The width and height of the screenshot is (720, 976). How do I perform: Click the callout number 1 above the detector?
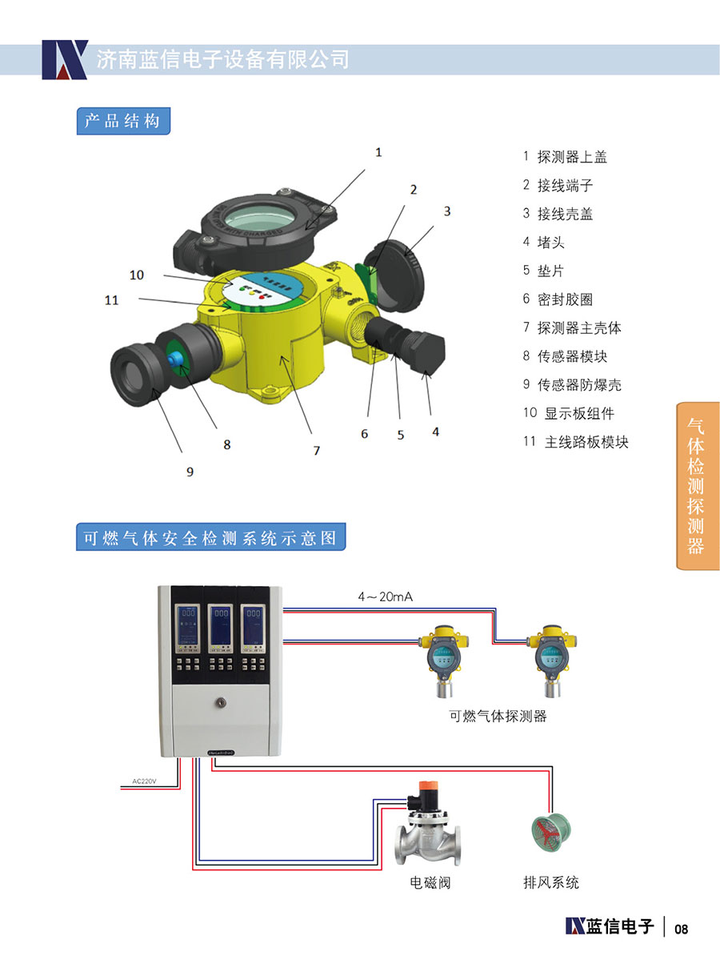[x=378, y=151]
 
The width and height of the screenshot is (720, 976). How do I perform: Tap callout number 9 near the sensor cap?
[x=190, y=472]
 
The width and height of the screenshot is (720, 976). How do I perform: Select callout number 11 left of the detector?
[x=111, y=300]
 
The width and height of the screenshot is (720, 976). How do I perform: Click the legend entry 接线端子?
[x=565, y=186]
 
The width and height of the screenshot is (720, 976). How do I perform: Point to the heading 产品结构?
[x=123, y=121]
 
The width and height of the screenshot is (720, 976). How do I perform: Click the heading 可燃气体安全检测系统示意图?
[x=211, y=538]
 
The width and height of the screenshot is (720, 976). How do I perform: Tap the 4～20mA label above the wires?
[x=385, y=596]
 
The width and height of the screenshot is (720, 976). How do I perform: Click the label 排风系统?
[x=550, y=882]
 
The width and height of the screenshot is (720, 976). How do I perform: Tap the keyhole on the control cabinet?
[x=220, y=702]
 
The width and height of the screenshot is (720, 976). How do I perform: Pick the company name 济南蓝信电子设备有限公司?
[x=223, y=59]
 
